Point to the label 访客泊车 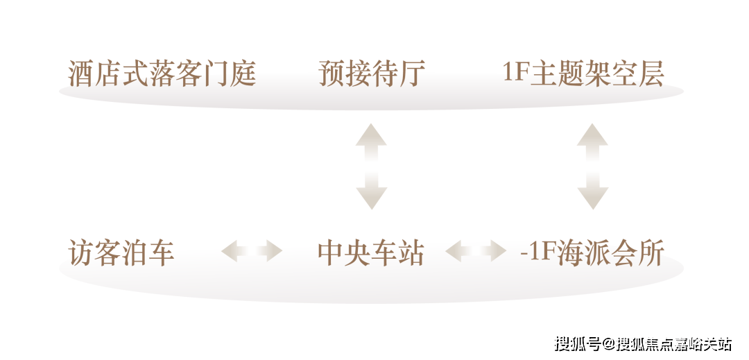pyautogui.click(x=121, y=252)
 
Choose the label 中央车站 pyautogui.click(x=371, y=252)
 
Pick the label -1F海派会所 pyautogui.click(x=592, y=252)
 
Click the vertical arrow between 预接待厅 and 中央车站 pyautogui.click(x=371, y=166)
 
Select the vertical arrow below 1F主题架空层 pyautogui.click(x=593, y=166)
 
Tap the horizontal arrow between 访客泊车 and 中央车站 pyautogui.click(x=252, y=250)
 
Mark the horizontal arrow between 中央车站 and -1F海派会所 pyautogui.click(x=476, y=250)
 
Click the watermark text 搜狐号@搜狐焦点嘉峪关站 pyautogui.click(x=643, y=343)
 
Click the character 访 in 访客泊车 pyautogui.click(x=82, y=252)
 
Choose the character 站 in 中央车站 pyautogui.click(x=411, y=252)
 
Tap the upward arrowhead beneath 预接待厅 pyautogui.click(x=371, y=135)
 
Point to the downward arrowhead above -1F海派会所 pyautogui.click(x=593, y=198)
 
